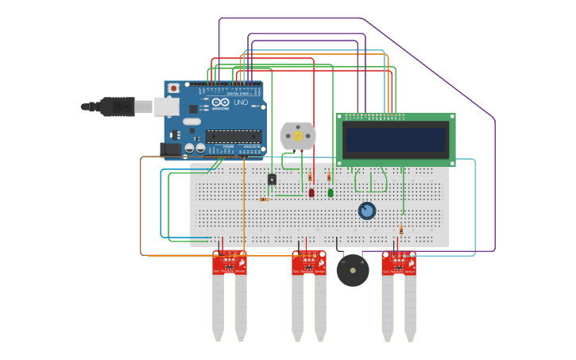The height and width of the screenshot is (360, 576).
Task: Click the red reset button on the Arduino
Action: coord(173,87)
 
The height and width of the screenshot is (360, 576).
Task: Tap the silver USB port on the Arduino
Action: coord(167,106)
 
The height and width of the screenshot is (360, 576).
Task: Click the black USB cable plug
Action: coord(118,106)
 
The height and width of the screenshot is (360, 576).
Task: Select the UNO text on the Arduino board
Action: coord(241,103)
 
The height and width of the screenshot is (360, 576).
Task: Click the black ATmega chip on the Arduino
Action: coord(234,136)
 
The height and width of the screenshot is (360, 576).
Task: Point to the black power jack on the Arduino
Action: coord(170,149)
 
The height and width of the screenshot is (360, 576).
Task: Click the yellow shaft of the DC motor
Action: coord(298,136)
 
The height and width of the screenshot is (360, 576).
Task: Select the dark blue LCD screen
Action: coord(395,140)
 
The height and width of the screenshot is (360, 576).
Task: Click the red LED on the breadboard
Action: coord(311,192)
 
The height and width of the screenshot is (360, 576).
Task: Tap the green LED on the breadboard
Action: coord(331,192)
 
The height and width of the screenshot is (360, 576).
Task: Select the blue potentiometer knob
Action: coord(366,211)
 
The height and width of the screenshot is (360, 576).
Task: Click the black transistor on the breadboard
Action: coord(272,180)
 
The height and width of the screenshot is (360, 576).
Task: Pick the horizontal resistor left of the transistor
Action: coord(265,199)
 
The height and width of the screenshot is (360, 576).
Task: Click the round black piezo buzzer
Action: coord(353,270)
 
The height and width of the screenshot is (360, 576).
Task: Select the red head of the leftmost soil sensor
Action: coord(230,262)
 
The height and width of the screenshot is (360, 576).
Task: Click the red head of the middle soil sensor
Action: coord(309,262)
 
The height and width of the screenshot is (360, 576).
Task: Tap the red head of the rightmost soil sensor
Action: coord(399,262)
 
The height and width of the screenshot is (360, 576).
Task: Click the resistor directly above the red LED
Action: coord(310,176)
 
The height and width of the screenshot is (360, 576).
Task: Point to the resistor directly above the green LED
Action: coord(329,176)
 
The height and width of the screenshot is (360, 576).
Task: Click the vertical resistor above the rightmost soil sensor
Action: coord(401,230)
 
